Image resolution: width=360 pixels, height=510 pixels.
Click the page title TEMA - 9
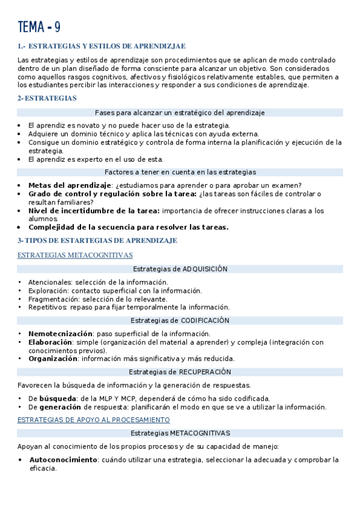click(39, 27)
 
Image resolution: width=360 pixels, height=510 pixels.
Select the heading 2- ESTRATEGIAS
click(47, 98)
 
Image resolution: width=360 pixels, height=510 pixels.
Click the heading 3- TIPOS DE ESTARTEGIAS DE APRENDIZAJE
click(97, 241)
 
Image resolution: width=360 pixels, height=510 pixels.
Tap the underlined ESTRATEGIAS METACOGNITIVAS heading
click(75, 256)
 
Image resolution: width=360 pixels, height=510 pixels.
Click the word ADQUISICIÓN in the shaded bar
click(205, 269)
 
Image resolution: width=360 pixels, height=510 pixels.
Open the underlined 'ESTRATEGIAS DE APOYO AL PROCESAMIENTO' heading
click(94, 420)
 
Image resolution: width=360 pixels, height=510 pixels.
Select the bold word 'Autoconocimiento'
click(63, 460)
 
